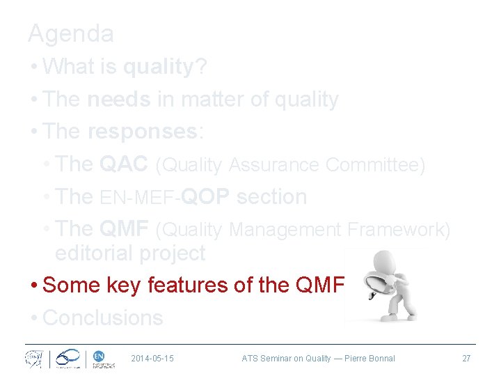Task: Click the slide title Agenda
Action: coord(70,33)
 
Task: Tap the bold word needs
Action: coord(118,100)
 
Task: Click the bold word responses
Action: coord(143,132)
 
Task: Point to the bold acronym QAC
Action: coord(124,164)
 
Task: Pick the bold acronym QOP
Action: coord(206,197)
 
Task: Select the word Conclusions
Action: coord(103,318)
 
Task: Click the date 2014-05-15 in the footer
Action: coord(152,359)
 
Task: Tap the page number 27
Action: coord(466,359)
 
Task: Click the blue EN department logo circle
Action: coord(98,356)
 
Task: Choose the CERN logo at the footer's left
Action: coord(33,359)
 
